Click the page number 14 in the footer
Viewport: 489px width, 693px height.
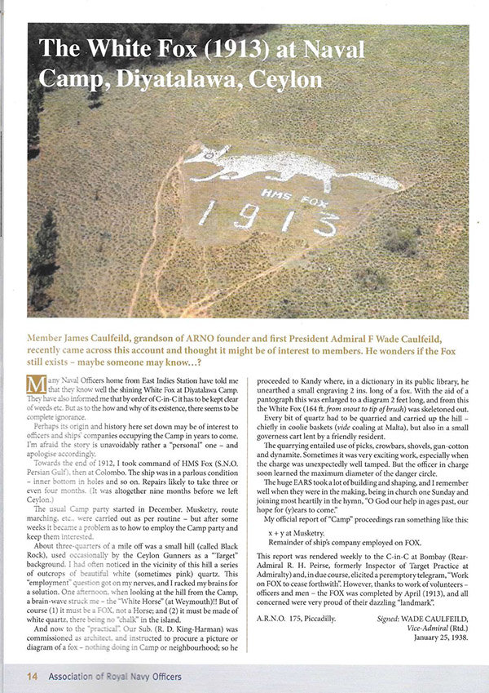pos(31,676)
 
